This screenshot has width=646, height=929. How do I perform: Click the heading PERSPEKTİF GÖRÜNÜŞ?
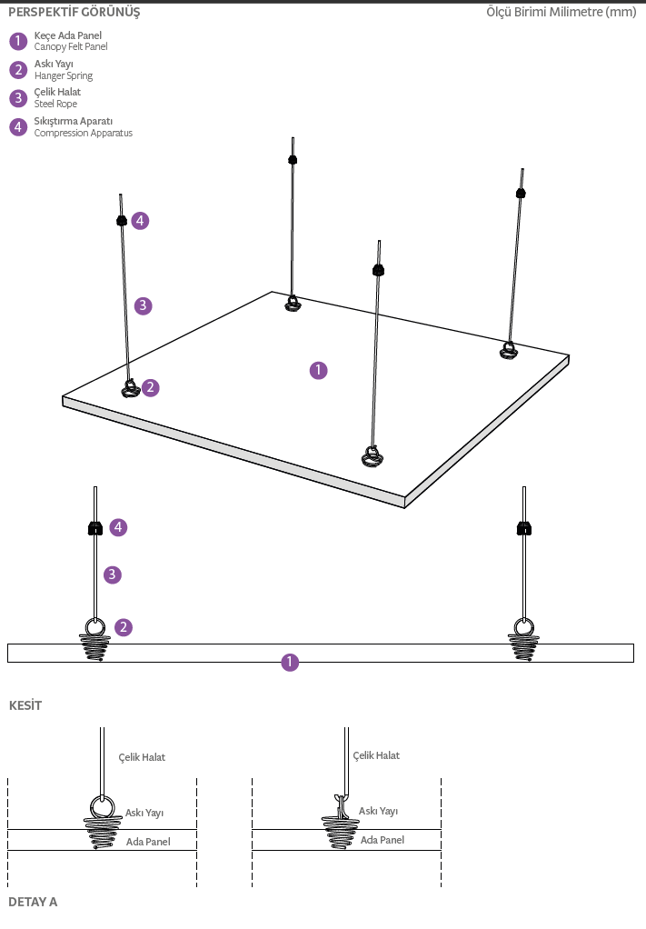pos(75,13)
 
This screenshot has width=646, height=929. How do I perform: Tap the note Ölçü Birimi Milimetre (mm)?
pos(561,13)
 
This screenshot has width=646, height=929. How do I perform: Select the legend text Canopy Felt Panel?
pos(71,46)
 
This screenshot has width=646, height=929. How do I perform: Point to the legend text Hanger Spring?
pos(64,75)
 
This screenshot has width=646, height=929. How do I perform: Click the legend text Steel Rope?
pos(55,105)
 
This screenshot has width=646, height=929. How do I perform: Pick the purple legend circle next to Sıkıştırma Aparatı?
pos(18,127)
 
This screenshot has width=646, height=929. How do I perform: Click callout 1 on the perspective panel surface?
pos(318,370)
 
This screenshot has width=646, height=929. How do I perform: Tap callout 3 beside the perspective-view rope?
pos(143,305)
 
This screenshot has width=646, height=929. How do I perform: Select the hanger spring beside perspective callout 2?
pos(130,389)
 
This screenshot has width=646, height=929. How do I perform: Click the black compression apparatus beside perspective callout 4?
pos(120,220)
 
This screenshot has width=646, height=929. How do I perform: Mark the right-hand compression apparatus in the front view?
pos(523,527)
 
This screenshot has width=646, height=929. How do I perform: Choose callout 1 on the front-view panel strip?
pos(290,663)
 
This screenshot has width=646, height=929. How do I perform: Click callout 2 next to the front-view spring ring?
pos(124,627)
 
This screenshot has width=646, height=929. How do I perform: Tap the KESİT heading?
pos(25,705)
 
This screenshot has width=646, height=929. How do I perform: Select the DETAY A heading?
pos(33,902)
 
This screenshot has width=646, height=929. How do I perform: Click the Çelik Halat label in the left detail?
pos(142,757)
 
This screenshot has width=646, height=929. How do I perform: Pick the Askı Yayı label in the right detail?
pos(378,811)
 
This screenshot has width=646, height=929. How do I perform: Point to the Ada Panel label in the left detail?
pos(148,842)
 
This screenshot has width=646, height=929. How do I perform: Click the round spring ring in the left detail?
pos(101,807)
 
